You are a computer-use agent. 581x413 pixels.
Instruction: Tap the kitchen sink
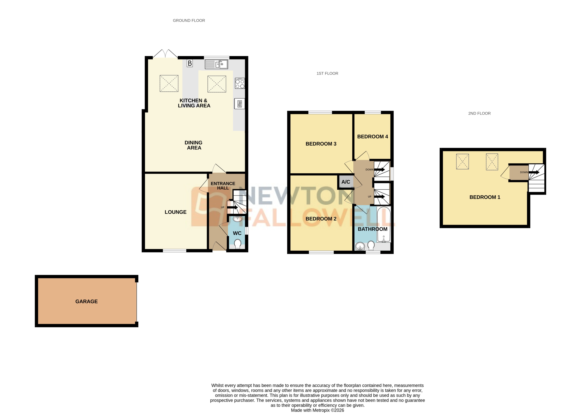[x=216, y=64]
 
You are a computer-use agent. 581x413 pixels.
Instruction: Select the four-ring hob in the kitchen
[x=240, y=84]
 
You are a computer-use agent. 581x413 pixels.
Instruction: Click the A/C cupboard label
[x=346, y=182]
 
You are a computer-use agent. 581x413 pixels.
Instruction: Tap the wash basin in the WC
[x=237, y=219]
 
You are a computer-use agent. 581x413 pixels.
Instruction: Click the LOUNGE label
[x=175, y=212]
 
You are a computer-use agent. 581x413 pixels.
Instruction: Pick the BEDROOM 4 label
[x=373, y=137]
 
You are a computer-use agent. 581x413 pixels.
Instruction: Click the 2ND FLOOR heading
[x=479, y=113]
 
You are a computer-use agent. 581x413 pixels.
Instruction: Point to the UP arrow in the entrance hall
[x=232, y=207]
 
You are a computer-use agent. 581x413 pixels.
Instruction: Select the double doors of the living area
[x=165, y=54]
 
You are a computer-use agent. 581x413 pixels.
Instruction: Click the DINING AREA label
[x=194, y=145]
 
